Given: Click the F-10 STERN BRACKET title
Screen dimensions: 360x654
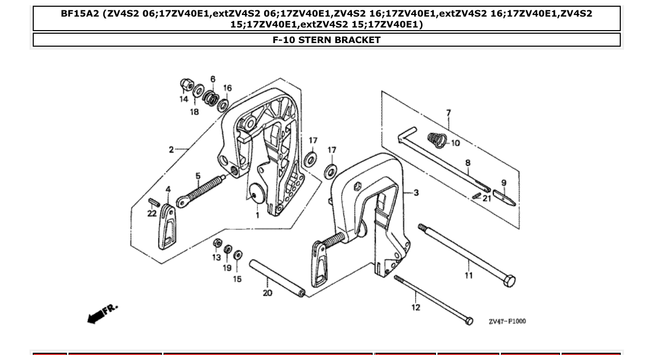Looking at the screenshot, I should (x=326, y=40).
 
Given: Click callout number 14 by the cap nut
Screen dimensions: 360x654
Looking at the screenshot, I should (x=184, y=99).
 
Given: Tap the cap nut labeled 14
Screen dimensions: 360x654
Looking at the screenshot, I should (x=185, y=84).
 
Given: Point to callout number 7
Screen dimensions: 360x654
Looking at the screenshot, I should (x=448, y=113).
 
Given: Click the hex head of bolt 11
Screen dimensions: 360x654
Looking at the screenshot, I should (x=509, y=281).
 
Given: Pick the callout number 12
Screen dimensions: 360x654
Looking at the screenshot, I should (x=416, y=308).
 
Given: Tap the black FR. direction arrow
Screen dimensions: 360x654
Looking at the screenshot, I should (x=96, y=316).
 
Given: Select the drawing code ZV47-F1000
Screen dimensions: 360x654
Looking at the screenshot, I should (x=507, y=322).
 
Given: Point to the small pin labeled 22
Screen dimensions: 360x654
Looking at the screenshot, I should (x=153, y=202).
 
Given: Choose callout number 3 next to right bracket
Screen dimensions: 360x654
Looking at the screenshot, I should (x=416, y=193).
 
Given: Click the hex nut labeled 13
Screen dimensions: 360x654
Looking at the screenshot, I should (x=218, y=243).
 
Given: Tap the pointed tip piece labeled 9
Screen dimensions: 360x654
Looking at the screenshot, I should (x=503, y=198).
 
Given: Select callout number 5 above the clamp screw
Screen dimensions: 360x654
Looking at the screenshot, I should (x=198, y=176).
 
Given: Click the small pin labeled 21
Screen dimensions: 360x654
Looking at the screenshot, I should (x=476, y=196).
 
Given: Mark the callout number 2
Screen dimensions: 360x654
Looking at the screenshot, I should (x=171, y=150).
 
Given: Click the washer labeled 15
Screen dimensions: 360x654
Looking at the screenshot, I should (x=238, y=255).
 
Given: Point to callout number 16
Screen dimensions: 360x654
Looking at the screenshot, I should (x=227, y=88).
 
